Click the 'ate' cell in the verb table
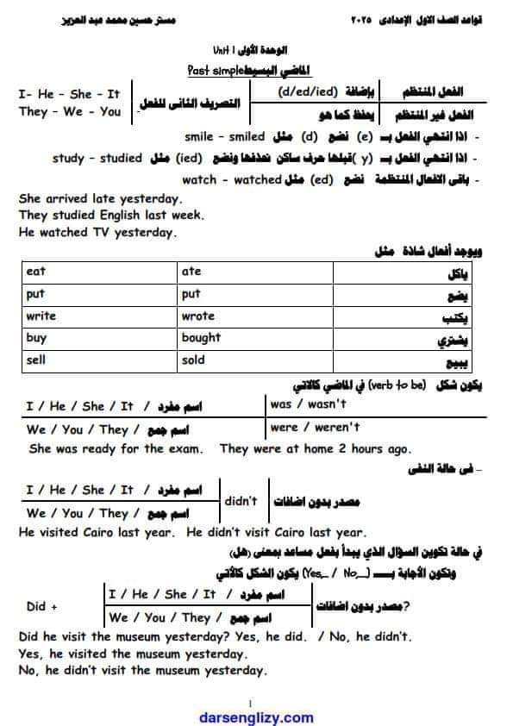click(x=191, y=272)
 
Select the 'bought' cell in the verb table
click(x=201, y=338)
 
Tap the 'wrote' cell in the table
click(x=198, y=316)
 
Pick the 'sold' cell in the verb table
click(x=193, y=360)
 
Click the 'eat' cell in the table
click(x=36, y=272)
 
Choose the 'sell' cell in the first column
click(x=36, y=360)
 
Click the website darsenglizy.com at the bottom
click(x=256, y=717)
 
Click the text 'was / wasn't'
click(x=308, y=404)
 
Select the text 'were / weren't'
click(x=315, y=427)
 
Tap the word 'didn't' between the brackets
click(x=241, y=501)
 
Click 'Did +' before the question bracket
click(x=41, y=606)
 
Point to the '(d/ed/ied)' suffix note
click(x=308, y=91)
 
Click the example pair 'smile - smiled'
click(x=225, y=137)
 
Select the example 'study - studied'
click(x=97, y=159)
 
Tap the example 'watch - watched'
click(x=232, y=180)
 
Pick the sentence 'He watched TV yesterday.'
click(x=97, y=232)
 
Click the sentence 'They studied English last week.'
click(x=111, y=216)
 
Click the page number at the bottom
click(x=250, y=703)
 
